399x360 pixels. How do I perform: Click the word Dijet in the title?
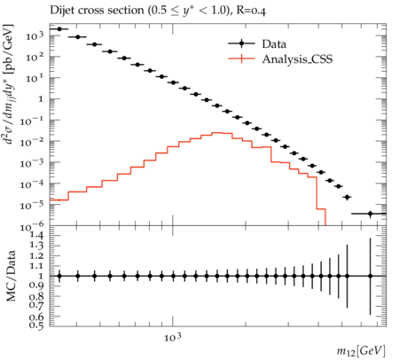click(62, 11)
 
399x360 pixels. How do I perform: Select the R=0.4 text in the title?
click(251, 11)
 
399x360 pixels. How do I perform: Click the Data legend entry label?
click(274, 44)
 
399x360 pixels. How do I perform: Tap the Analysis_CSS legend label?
click(297, 59)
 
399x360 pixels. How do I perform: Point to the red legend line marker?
click(241, 59)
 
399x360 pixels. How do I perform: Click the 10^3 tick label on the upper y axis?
click(35, 35)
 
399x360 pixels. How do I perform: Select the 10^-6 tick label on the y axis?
click(32, 227)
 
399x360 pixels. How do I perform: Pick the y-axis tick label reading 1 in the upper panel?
click(41, 99)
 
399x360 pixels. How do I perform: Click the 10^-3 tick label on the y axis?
click(32, 163)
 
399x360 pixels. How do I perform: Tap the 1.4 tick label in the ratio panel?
click(36, 236)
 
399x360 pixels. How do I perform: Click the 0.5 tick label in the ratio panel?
click(36, 325)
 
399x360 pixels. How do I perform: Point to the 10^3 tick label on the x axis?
click(173, 337)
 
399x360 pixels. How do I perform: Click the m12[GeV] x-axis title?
click(361, 351)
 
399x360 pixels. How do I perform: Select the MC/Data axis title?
click(11, 276)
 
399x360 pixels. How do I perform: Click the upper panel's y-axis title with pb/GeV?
click(10, 83)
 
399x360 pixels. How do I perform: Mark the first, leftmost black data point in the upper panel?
click(59, 29)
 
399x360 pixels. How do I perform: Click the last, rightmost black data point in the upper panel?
click(370, 214)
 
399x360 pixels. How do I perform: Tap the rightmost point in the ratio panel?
click(370, 276)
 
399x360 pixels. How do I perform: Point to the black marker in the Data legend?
click(241, 43)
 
